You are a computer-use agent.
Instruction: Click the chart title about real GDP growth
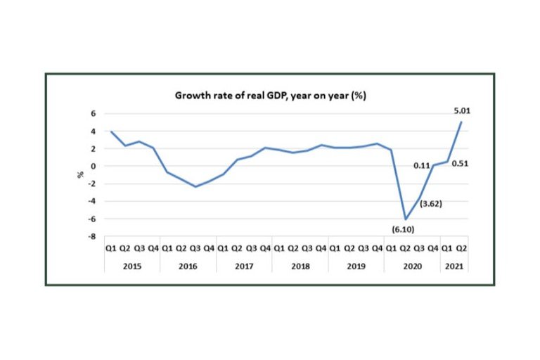coord(270,96)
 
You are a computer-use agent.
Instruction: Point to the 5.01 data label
coord(461,109)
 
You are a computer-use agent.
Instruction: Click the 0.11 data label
coord(421,165)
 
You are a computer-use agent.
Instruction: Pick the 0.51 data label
coord(461,165)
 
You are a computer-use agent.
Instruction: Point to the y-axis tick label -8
coord(91,237)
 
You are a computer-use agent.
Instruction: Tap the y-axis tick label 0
coord(92,167)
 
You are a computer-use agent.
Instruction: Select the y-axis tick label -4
coord(91,202)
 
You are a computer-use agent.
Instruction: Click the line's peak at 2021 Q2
coord(461,122)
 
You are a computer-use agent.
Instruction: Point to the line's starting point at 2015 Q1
coord(111,131)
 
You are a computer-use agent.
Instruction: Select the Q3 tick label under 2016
coord(195,247)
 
